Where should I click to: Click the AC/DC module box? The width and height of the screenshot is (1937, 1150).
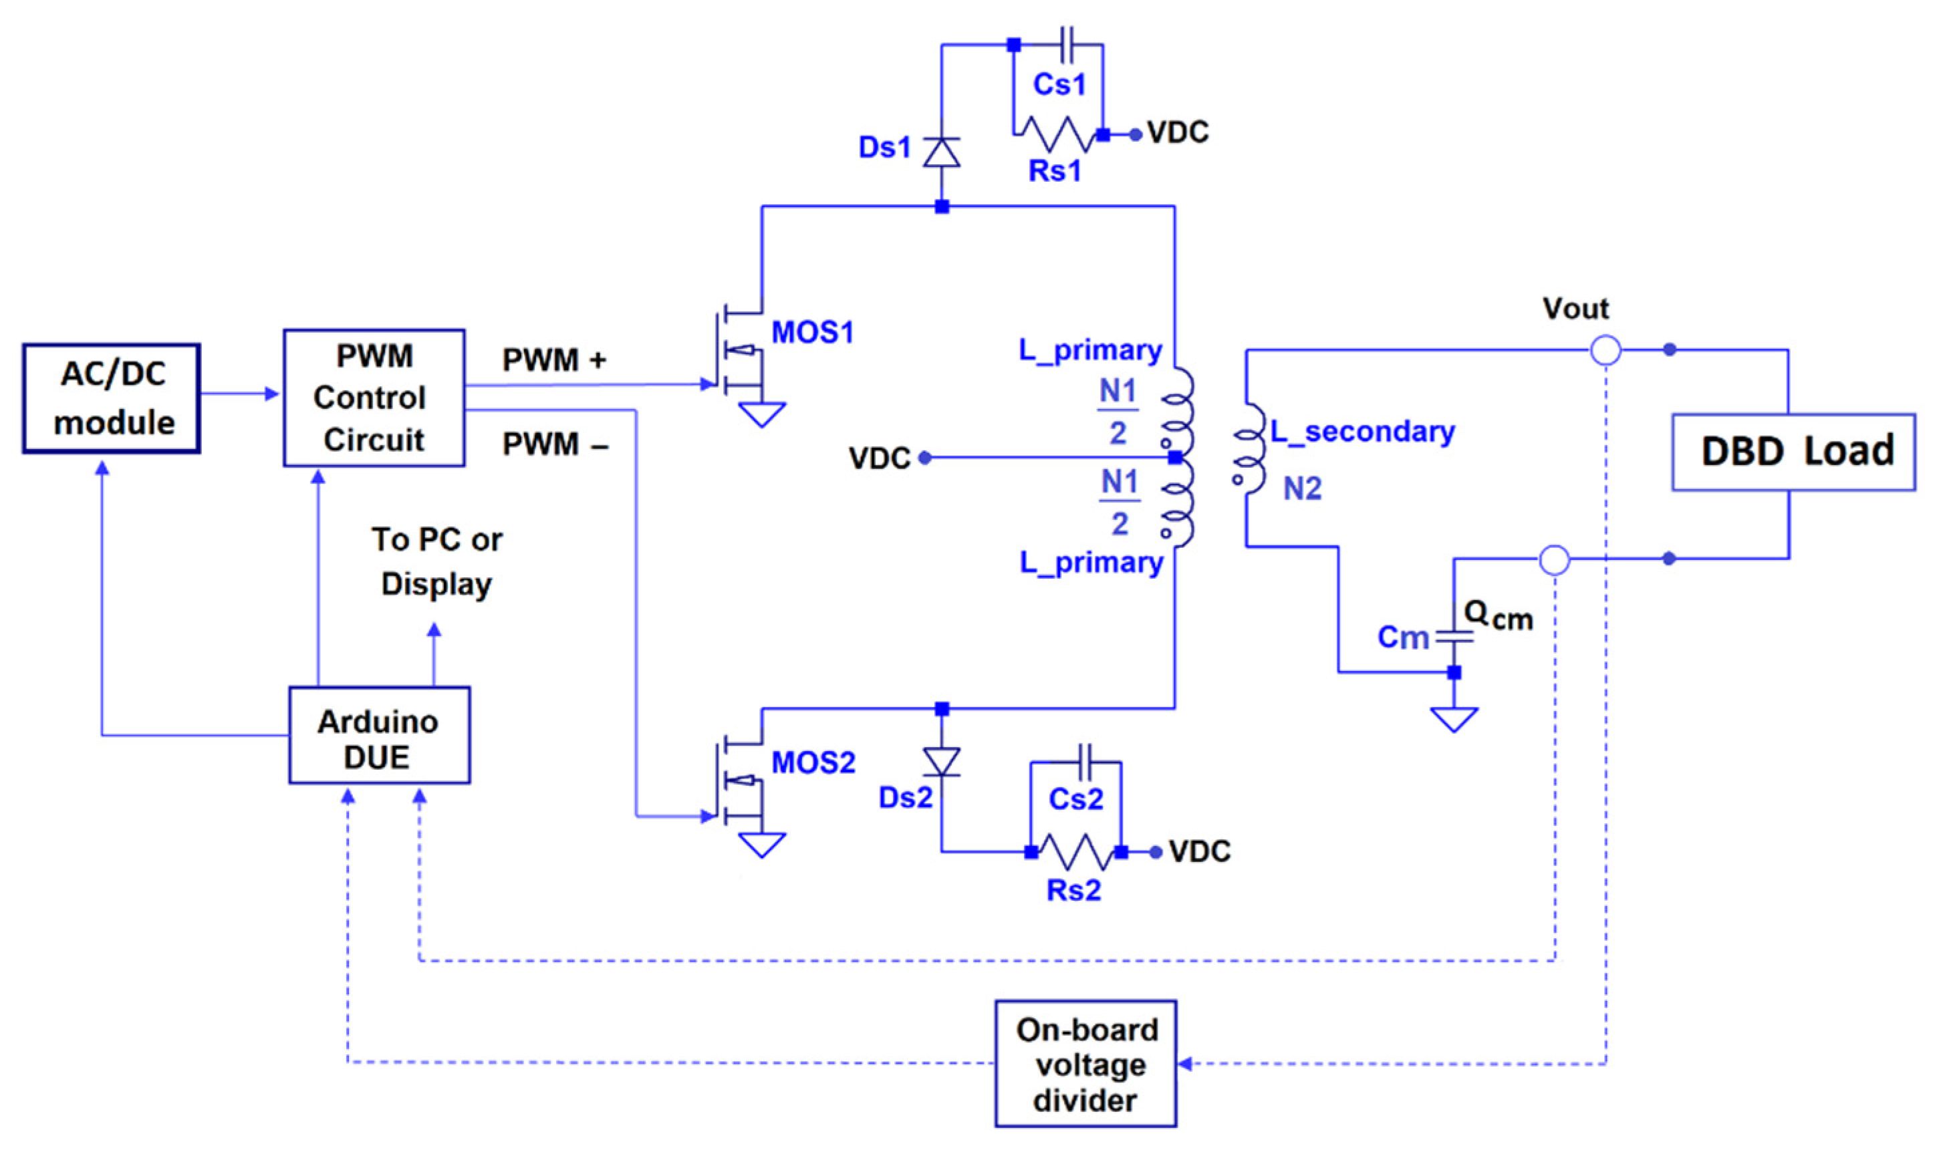click(111, 398)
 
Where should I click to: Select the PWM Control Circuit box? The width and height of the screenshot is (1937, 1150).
click(374, 398)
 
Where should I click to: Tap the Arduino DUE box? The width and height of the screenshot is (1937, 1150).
click(379, 734)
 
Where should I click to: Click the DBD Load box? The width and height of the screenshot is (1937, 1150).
click(1792, 452)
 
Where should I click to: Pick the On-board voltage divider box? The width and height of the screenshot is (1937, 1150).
click(1085, 1063)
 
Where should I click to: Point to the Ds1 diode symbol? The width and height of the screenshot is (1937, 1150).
click(941, 152)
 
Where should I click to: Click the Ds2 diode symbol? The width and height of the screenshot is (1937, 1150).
click(941, 762)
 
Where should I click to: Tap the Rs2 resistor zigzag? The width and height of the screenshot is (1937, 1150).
click(1076, 852)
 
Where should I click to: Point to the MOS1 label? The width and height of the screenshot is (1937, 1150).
click(811, 333)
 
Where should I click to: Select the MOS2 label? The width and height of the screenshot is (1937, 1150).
click(812, 762)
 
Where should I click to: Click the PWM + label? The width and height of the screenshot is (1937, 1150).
click(553, 360)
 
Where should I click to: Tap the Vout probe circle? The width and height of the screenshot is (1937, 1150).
click(1605, 350)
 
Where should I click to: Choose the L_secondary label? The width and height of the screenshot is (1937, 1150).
click(1362, 431)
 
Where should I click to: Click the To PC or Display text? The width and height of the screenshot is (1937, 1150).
click(436, 561)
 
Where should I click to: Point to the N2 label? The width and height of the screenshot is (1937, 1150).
click(1301, 488)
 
